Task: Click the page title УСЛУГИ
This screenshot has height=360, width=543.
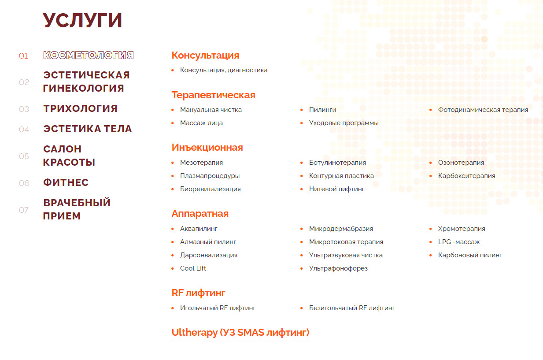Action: (x=82, y=20)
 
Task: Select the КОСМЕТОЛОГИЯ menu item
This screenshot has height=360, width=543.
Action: (x=89, y=56)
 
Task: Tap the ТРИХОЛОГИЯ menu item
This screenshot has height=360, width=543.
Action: (x=80, y=109)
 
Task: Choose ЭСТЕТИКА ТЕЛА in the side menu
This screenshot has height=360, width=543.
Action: (x=88, y=129)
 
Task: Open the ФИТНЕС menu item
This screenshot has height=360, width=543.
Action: (x=66, y=183)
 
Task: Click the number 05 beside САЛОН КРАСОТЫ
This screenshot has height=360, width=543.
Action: (x=24, y=156)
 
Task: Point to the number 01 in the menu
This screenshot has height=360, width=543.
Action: (x=23, y=56)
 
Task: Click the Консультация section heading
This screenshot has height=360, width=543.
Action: (x=205, y=56)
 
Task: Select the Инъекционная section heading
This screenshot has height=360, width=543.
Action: (x=207, y=148)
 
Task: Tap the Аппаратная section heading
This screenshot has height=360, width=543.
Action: (x=200, y=214)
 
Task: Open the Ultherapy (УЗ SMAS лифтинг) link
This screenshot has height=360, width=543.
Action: (x=240, y=333)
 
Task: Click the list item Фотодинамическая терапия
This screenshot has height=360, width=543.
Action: (x=483, y=110)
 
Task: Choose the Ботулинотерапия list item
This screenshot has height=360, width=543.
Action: (x=337, y=163)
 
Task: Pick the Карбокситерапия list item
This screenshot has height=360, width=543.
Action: (x=467, y=176)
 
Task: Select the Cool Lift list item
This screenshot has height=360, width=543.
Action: (x=193, y=268)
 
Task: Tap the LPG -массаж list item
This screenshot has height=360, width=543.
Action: (x=459, y=242)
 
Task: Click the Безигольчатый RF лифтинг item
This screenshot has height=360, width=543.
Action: (x=352, y=308)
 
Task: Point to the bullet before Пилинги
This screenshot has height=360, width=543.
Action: (x=302, y=110)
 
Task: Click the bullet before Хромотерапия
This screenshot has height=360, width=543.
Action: (x=431, y=229)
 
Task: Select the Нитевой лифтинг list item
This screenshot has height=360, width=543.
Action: (x=337, y=189)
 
